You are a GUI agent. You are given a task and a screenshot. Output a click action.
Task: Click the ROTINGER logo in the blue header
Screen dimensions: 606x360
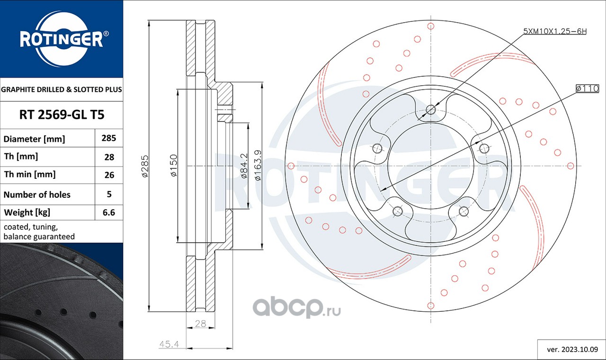tap(62, 39)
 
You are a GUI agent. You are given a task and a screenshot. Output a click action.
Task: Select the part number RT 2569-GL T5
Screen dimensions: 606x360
tap(62, 115)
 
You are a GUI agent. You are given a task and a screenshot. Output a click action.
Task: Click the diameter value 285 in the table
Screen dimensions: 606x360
tap(109, 138)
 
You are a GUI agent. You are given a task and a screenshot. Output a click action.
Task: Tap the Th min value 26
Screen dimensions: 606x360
tap(109, 175)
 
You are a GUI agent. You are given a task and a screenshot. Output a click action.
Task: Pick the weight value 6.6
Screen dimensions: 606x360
tap(109, 212)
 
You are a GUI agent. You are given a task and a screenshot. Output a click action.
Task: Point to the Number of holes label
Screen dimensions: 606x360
tap(37, 194)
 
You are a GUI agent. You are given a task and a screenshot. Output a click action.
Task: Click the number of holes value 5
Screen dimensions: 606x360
tap(109, 194)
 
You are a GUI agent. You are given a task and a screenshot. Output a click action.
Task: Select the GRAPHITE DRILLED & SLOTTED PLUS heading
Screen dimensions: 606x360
tap(62, 89)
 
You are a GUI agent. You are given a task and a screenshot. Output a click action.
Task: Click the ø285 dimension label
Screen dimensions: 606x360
tap(145, 166)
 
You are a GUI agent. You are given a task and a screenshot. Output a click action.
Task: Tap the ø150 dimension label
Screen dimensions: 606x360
tap(173, 166)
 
